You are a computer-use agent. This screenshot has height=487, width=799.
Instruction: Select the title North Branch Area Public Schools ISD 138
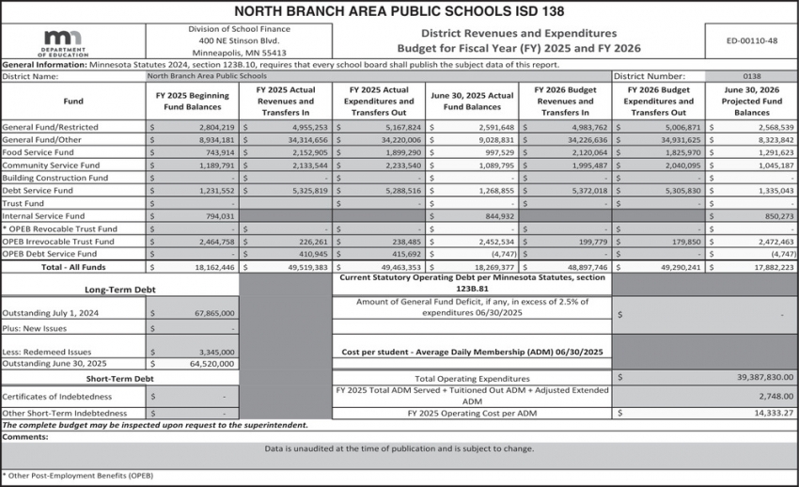tap(399, 11)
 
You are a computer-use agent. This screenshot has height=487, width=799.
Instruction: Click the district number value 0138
tap(751, 75)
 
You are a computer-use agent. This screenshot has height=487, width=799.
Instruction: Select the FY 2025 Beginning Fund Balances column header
tap(192, 102)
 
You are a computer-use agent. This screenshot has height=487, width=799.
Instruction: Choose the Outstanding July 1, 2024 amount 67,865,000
tap(210, 313)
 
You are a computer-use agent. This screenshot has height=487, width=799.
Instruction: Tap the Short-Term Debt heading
tap(119, 378)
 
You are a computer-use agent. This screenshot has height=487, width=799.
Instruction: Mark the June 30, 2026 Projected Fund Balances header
tap(751, 102)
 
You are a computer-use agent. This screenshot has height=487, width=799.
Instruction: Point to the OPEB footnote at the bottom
tap(77, 476)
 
